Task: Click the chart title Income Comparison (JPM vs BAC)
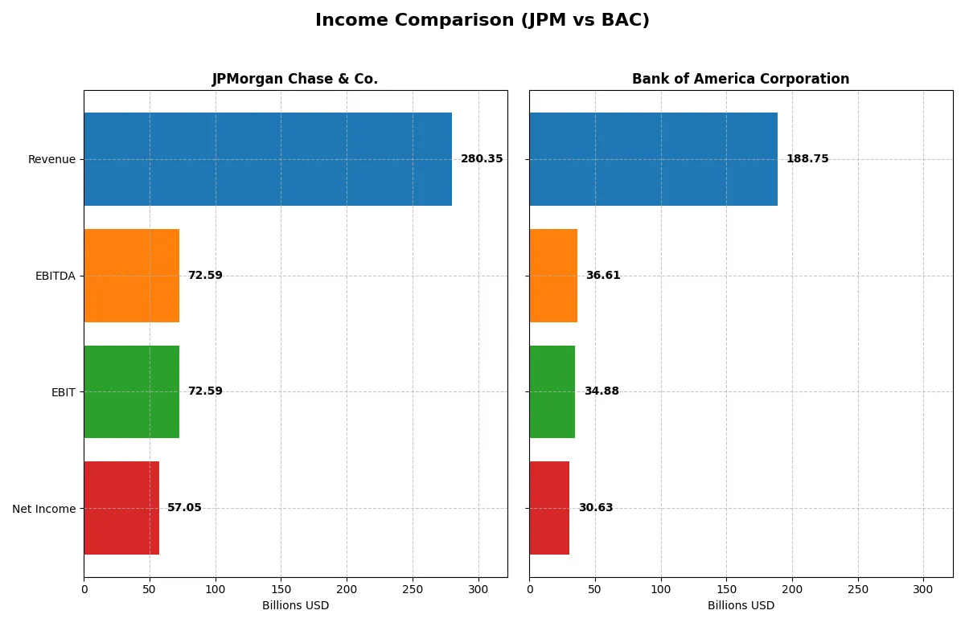[x=482, y=21]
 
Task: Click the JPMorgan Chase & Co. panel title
[x=294, y=79]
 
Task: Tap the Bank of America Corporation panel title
[x=740, y=79]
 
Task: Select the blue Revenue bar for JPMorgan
[x=268, y=159]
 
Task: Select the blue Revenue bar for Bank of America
[x=653, y=159]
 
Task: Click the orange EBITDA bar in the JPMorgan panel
[x=131, y=276]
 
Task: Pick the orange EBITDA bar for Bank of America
[x=553, y=276]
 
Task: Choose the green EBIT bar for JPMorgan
[x=131, y=391]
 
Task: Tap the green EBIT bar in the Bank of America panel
[x=552, y=391]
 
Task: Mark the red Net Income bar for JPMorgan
[x=121, y=508]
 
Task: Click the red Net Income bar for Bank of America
[x=549, y=508]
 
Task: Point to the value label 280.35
[x=482, y=159]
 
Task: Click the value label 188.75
[x=807, y=159]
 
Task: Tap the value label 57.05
[x=184, y=508]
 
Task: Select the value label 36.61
[x=603, y=276]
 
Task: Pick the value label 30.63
[x=596, y=508]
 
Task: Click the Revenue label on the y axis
[x=51, y=159]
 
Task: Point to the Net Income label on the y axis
[x=44, y=509]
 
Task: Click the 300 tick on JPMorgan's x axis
[x=478, y=589]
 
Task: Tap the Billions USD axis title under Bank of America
[x=741, y=605]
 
